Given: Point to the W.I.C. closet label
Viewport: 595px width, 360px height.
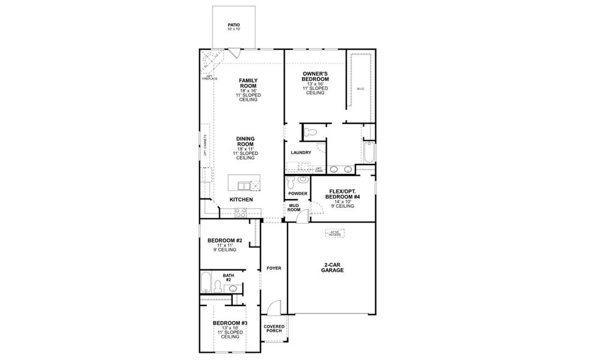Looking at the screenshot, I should [x=360, y=89].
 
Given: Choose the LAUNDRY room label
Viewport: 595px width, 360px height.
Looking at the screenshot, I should [x=301, y=152].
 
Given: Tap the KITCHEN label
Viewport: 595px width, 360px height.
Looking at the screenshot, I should [x=241, y=199].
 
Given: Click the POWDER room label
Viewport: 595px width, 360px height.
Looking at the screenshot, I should [x=297, y=193].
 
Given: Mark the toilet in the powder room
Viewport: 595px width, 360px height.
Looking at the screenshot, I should [x=292, y=181].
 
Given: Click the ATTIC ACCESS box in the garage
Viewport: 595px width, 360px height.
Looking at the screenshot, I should [x=334, y=233].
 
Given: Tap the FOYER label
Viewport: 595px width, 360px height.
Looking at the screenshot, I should [x=273, y=268].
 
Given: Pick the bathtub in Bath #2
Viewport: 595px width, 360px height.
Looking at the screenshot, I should [x=206, y=282].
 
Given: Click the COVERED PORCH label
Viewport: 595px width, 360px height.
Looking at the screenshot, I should [x=273, y=329].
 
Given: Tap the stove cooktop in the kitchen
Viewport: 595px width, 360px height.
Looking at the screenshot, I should [x=240, y=211].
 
